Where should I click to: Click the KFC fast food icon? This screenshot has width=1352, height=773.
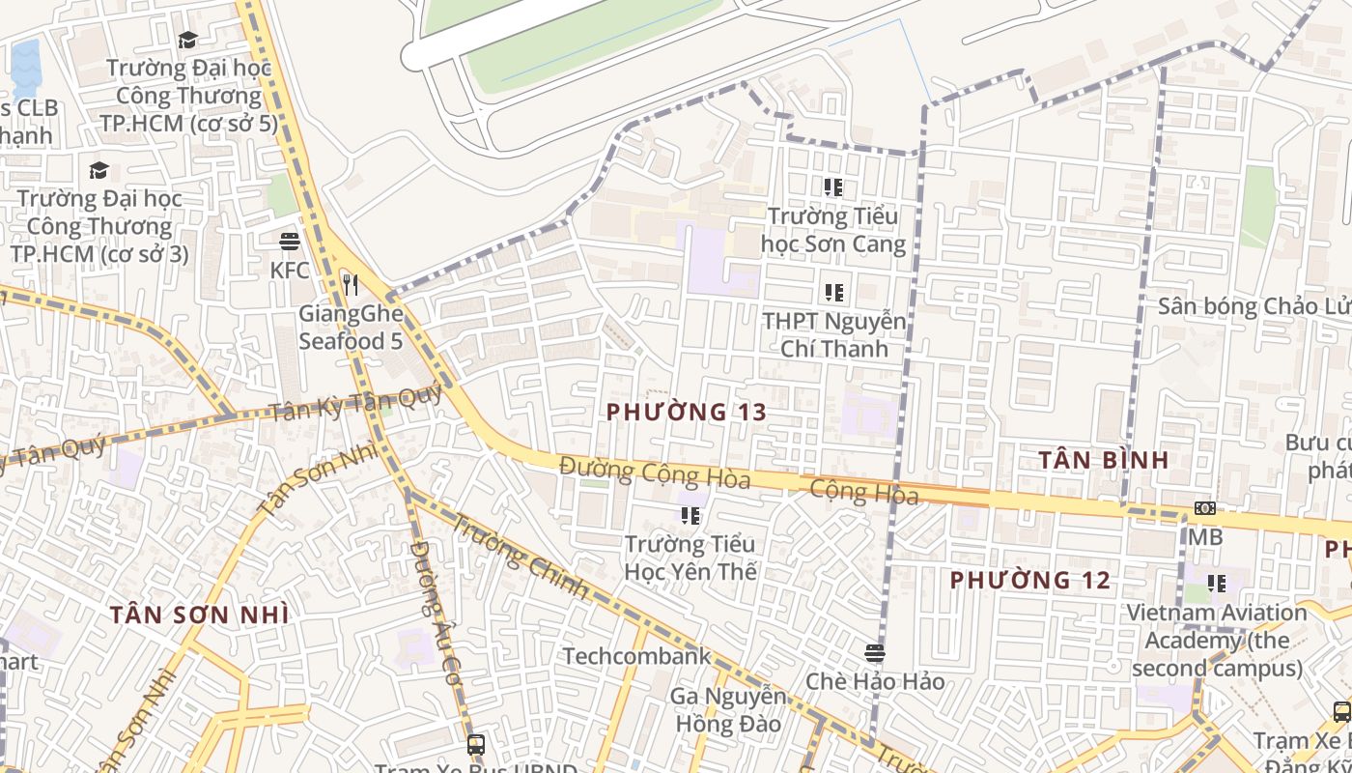(x=289, y=242)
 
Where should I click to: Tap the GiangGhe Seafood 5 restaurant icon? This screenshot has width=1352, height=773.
(x=351, y=285)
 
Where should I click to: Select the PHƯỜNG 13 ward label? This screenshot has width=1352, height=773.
(x=687, y=412)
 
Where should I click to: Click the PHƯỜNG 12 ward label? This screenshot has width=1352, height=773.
(x=1030, y=580)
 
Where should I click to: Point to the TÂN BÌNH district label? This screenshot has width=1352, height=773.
(x=1104, y=460)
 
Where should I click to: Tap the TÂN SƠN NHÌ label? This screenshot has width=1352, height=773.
(x=199, y=615)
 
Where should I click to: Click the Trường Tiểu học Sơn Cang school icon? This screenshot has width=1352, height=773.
(x=833, y=187)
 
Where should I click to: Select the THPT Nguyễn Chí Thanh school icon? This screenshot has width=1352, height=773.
(x=833, y=292)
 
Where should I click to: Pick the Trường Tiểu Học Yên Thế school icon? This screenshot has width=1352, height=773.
(x=690, y=516)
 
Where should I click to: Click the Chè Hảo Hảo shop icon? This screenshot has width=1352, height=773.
(x=875, y=653)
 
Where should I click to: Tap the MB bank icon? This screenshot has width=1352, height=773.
(x=1204, y=508)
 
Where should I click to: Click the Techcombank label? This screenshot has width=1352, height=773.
(x=636, y=657)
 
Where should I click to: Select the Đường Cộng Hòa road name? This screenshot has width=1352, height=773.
(x=655, y=472)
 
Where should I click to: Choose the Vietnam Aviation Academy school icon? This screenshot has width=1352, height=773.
(x=1217, y=584)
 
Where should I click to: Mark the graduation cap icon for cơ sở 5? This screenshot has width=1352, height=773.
(x=187, y=40)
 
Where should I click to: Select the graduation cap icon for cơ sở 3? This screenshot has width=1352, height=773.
(x=99, y=171)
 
